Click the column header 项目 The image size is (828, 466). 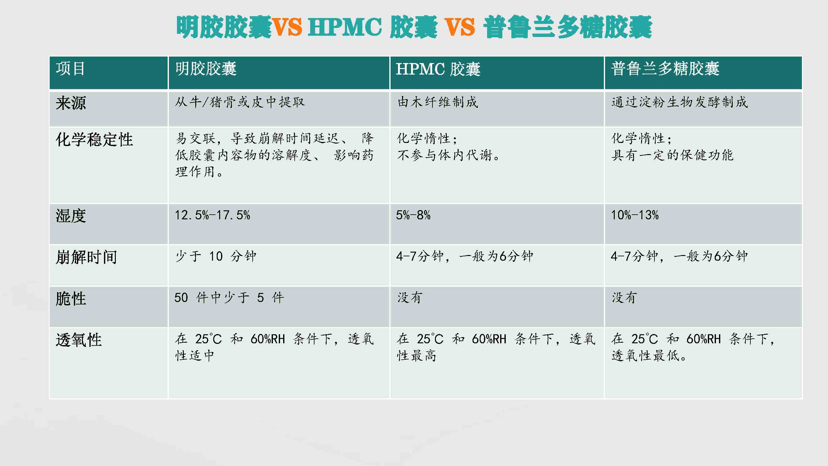(x=70, y=69)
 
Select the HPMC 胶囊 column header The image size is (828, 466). (x=438, y=69)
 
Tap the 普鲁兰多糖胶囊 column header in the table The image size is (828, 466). (x=665, y=69)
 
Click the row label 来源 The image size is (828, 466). (x=71, y=103)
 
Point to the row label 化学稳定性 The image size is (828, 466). (x=94, y=139)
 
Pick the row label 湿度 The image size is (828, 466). (x=71, y=216)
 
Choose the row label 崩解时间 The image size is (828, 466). (x=86, y=257)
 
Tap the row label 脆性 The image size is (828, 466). (x=71, y=299)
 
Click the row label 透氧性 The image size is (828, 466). (x=79, y=340)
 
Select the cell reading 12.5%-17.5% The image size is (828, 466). (x=212, y=215)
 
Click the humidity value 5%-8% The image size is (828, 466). (x=413, y=215)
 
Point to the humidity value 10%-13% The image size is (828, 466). (x=635, y=215)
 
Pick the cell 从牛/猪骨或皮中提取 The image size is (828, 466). (x=240, y=102)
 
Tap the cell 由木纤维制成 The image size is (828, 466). (x=437, y=102)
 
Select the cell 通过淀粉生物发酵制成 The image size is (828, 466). (x=680, y=102)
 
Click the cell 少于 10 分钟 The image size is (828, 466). (x=216, y=256)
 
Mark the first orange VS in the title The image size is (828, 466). (x=287, y=27)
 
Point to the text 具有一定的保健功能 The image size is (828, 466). (x=672, y=155)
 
